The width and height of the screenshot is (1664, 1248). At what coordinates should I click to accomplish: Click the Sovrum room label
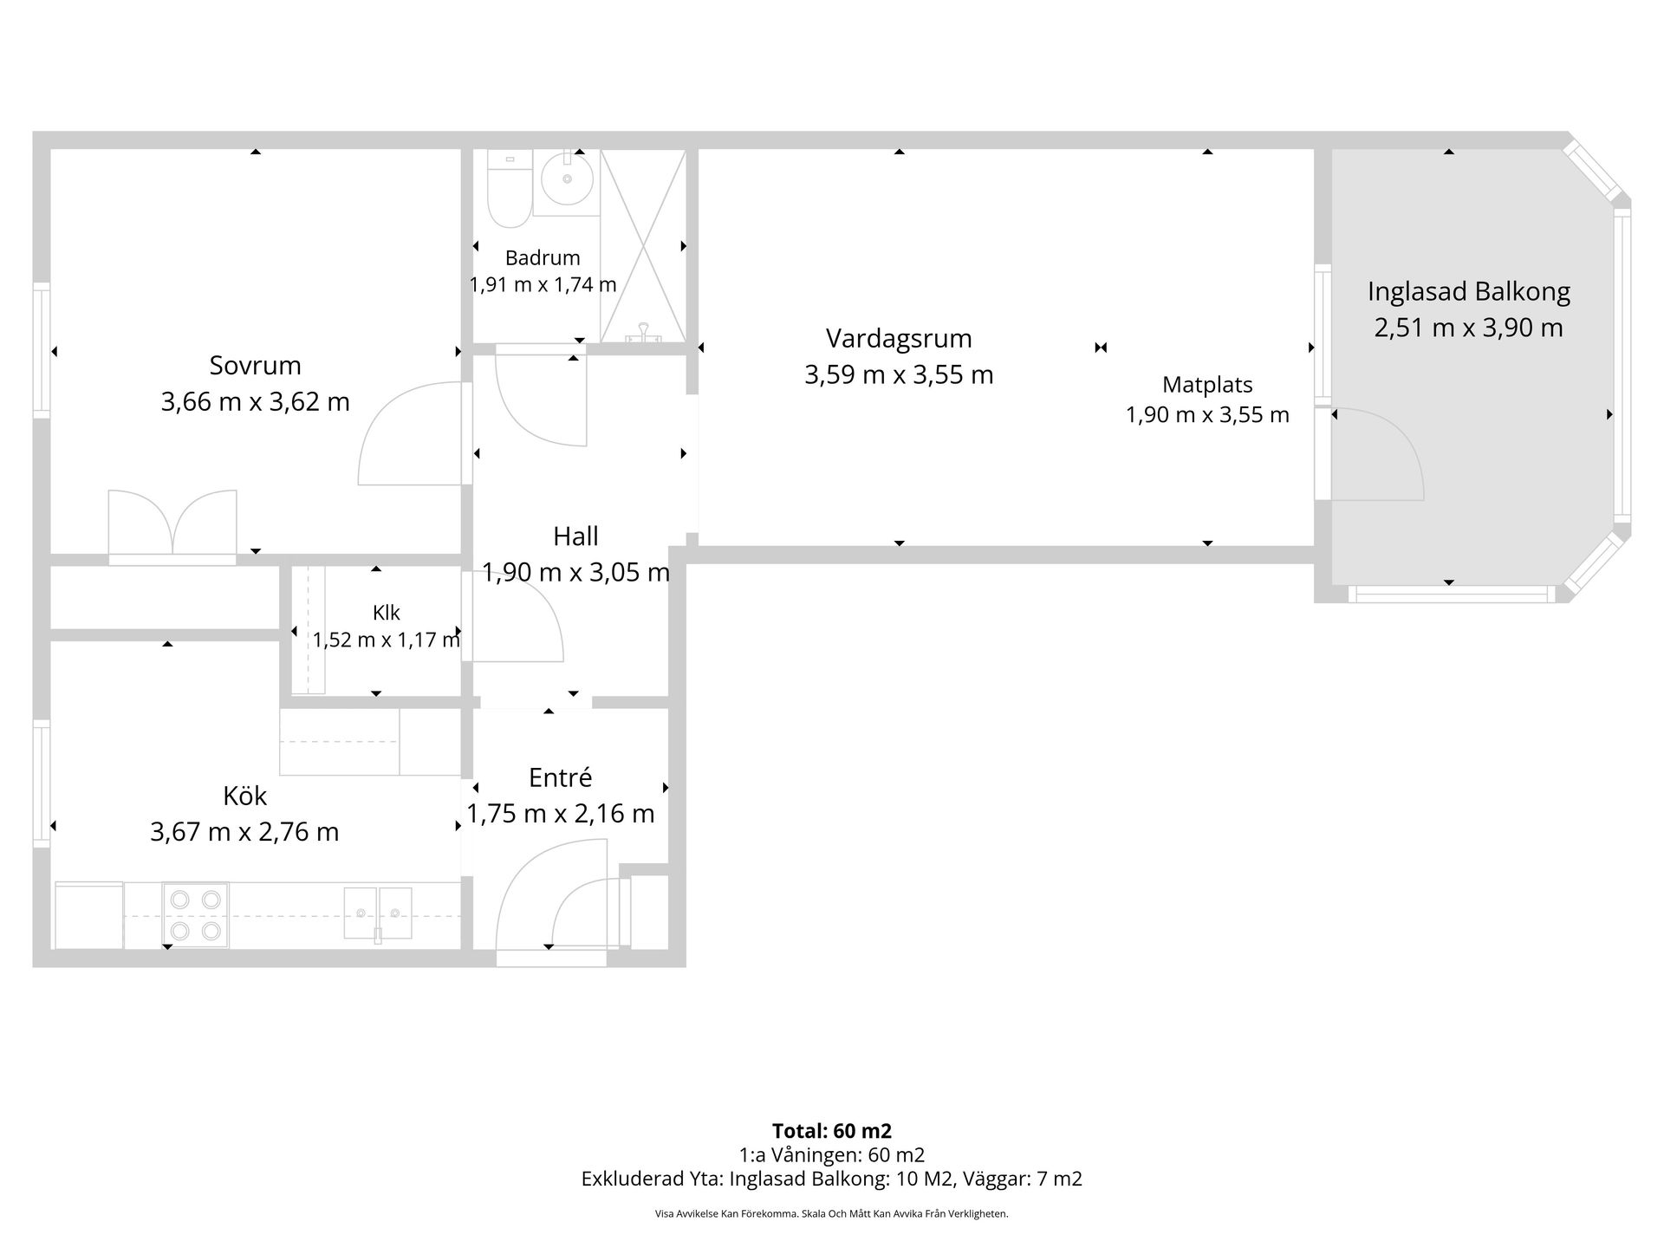(255, 365)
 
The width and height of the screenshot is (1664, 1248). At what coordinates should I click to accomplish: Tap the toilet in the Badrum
(509, 188)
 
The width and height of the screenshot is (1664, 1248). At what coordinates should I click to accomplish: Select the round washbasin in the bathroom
(567, 179)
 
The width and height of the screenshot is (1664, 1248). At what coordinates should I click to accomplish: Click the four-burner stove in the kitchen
(195, 915)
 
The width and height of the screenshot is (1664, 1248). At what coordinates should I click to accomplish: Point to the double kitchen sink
(378, 913)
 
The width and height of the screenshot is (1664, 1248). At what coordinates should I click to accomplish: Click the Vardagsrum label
(899, 338)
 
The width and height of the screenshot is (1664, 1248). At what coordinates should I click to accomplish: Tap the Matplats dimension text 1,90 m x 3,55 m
(1207, 415)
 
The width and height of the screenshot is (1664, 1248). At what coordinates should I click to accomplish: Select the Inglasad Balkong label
(1469, 292)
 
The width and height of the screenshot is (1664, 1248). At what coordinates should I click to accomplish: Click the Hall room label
(575, 536)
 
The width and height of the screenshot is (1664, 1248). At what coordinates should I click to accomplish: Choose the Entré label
(560, 777)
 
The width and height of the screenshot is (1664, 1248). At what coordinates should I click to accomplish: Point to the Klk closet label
(386, 613)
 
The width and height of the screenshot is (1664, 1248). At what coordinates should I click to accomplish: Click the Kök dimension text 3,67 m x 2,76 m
(244, 832)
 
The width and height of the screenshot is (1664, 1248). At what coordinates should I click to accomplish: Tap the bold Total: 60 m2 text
(832, 1131)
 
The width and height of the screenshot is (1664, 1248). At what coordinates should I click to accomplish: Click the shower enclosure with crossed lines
(643, 245)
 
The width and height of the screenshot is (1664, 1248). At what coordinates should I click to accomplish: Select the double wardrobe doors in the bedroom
(172, 525)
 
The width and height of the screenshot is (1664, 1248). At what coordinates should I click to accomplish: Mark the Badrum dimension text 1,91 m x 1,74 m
(543, 284)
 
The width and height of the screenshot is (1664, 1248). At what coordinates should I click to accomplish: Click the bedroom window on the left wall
(42, 350)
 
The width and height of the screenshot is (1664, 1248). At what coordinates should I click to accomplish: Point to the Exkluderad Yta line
(832, 1179)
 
